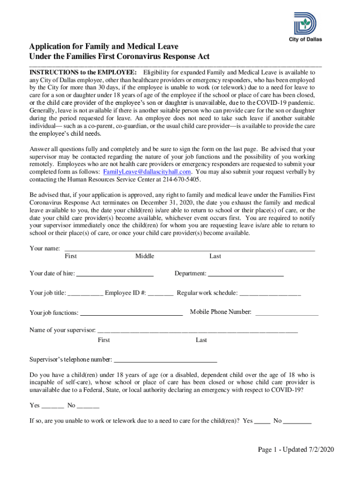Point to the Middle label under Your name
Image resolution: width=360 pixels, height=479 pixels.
pyautogui.click(x=144, y=256)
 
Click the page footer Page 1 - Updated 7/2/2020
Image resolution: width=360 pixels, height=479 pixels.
pyautogui.click(x=296, y=450)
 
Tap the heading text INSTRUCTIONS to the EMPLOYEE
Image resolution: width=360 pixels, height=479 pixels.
pyautogui.click(x=83, y=73)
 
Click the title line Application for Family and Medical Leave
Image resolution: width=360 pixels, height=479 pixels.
pyautogui.click(x=103, y=47)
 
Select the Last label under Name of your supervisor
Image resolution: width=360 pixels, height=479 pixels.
pyautogui.click(x=201, y=340)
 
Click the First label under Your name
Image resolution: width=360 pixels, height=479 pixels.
pyautogui.click(x=71, y=256)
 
